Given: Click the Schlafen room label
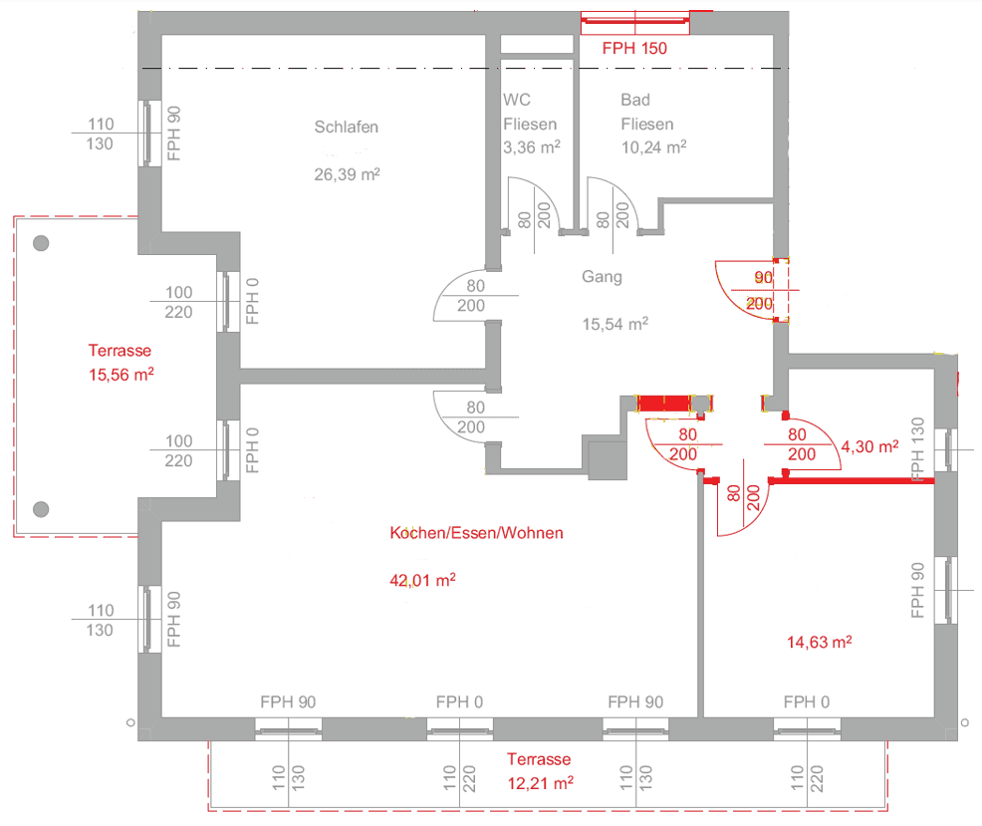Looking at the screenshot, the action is [347, 128].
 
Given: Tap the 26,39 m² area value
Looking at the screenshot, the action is [347, 173].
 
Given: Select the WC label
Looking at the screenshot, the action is [517, 100].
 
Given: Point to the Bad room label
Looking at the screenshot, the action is [635, 100].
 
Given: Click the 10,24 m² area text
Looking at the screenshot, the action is [653, 146].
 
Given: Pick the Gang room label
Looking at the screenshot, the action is [602, 277].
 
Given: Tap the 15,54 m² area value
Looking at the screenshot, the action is [615, 324].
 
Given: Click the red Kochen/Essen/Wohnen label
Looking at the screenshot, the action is [477, 533].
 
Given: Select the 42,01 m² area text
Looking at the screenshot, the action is [422, 580].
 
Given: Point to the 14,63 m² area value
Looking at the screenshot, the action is [820, 642].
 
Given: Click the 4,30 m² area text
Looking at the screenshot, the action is [869, 446].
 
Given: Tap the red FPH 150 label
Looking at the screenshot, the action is [634, 48].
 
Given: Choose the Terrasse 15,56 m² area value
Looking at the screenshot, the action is [121, 375].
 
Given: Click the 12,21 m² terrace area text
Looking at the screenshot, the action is [541, 783].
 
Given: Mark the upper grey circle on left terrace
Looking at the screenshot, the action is [41, 243].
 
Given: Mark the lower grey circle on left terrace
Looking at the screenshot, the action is [41, 509].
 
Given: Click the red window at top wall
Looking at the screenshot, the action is [635, 23].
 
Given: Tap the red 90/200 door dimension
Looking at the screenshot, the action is [760, 290].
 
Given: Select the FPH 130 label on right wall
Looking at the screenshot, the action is [917, 449].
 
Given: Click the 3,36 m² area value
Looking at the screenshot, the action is [532, 146].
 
